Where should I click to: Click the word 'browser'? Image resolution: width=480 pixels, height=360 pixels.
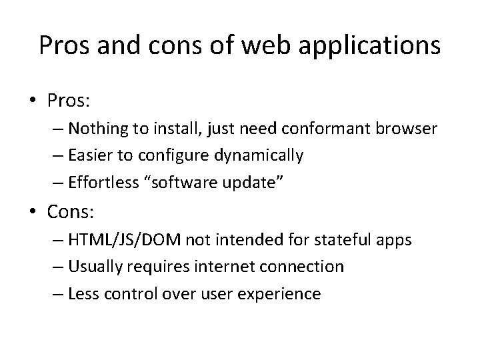point(409,127)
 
